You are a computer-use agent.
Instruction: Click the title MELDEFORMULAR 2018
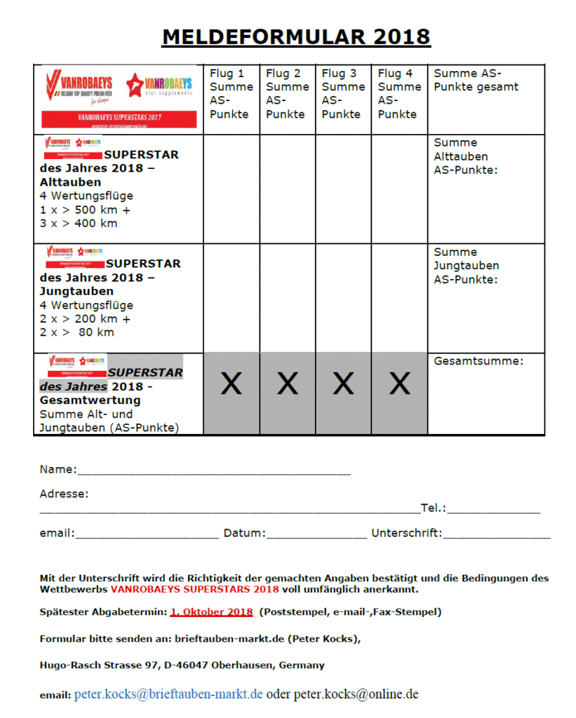coord(295,36)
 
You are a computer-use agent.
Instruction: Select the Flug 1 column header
coord(231,93)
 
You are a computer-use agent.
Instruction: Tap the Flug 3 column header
coord(343,93)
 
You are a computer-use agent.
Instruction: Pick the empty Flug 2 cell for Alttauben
coord(287,189)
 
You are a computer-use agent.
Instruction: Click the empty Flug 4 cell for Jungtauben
coord(399,298)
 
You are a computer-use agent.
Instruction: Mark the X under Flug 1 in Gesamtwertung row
coord(232,384)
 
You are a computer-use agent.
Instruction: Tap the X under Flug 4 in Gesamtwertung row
coord(400,384)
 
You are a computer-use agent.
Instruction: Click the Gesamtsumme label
coord(479,361)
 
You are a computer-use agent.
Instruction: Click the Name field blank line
coord(214,471)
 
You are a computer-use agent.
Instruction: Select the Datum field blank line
coord(316,534)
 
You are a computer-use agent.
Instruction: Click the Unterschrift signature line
coord(497,534)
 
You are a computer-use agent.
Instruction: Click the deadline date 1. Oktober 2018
coord(211,612)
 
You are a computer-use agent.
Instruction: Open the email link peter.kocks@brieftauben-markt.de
coord(168,694)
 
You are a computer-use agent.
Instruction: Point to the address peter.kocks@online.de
coord(356,694)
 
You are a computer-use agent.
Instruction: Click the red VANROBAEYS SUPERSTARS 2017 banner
coord(119,118)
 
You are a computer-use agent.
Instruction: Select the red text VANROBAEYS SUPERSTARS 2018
coord(194,589)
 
